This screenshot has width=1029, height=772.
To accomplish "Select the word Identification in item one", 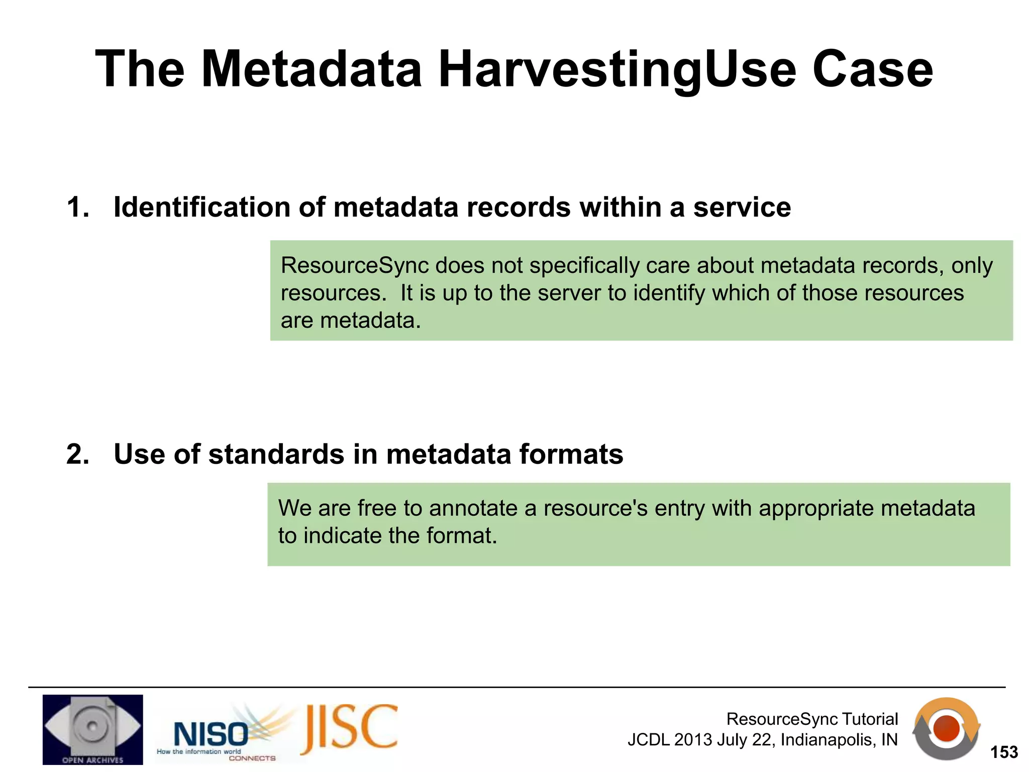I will tap(201, 207).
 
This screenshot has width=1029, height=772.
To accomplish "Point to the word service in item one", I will tap(742, 207).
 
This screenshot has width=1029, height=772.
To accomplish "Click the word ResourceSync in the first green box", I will tap(355, 265).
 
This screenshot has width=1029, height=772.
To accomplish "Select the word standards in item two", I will tap(276, 454).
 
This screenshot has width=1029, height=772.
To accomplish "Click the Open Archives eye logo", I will tap(92, 729).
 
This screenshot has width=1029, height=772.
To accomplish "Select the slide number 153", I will tap(1003, 752).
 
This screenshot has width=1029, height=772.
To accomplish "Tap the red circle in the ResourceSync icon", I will tap(946, 729).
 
